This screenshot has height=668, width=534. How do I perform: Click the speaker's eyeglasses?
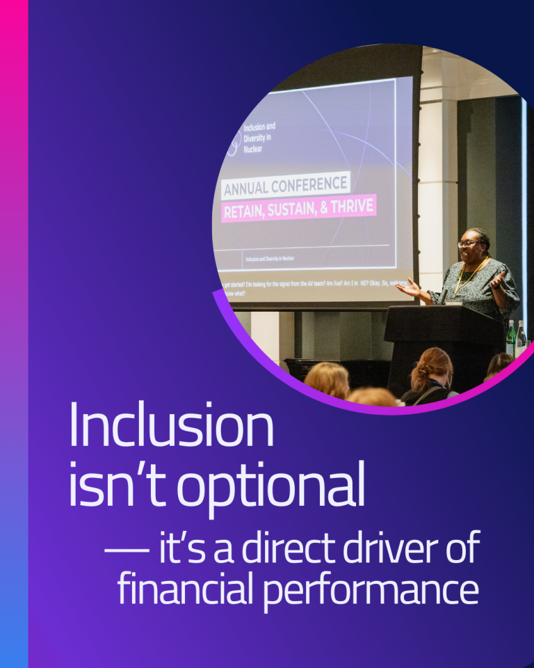tap(468, 243)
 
